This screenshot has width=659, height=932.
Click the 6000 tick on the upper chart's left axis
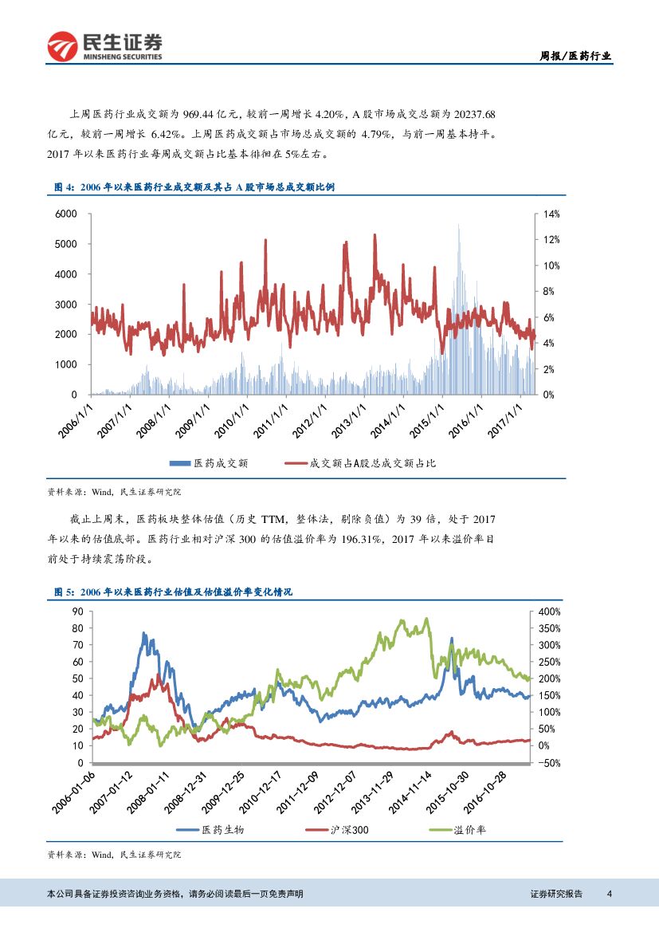tap(66, 214)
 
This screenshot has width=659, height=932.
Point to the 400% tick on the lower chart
tap(550, 612)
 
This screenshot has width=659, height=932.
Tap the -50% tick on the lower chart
tap(550, 763)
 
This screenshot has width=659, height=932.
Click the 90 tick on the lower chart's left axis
tap(78, 612)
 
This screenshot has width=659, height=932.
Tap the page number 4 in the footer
tap(609, 893)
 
